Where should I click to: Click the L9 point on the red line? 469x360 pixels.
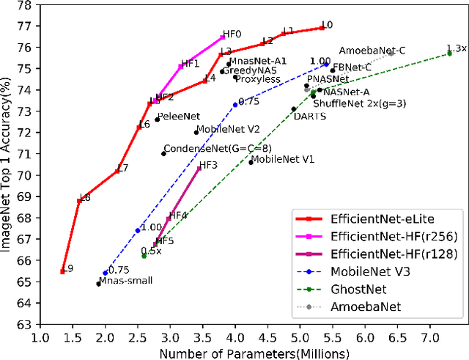[62, 271]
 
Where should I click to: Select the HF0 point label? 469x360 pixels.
[232, 34]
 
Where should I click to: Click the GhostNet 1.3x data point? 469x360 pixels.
[450, 54]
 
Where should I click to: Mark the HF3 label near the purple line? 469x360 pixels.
[209, 165]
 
